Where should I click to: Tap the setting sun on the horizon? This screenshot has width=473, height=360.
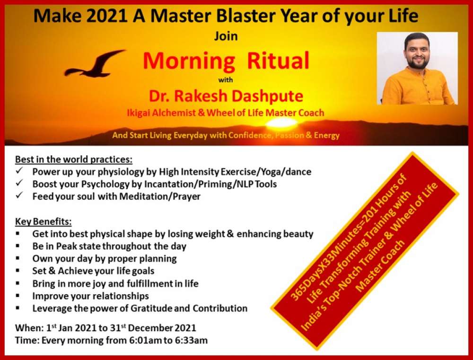pos(282,123)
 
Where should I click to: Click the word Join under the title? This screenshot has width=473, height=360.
pos(226,36)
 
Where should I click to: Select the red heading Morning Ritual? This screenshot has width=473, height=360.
pos(226,61)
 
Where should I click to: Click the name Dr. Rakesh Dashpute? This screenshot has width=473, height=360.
pos(226,96)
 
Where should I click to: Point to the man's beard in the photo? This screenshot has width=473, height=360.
pos(418,62)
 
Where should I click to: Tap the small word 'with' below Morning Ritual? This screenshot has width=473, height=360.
pos(226,80)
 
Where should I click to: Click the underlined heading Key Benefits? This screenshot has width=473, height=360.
pos(44,222)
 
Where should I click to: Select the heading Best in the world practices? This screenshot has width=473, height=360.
pos(74,159)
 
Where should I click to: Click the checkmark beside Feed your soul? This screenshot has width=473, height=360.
pos(19,195)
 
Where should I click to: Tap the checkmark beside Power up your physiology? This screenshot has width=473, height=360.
pos(19,171)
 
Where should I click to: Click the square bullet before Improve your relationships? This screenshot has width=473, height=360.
pos(18,296)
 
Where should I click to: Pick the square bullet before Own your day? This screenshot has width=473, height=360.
pos(18,258)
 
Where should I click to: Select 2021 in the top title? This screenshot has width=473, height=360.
pos(106,16)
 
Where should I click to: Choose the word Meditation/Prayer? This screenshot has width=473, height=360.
pos(160,196)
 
